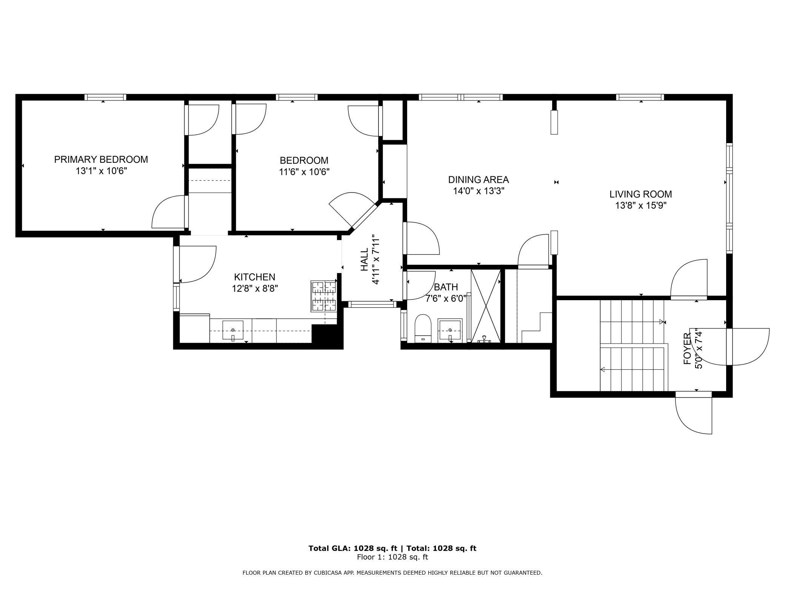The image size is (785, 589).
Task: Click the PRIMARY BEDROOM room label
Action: pyautogui.click(x=101, y=159)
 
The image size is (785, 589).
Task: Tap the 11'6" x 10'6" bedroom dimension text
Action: pyautogui.click(x=304, y=172)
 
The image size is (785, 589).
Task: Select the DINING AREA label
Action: pyautogui.click(x=479, y=180)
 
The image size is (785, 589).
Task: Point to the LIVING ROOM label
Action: pyautogui.click(x=640, y=194)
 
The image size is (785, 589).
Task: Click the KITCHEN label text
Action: pyautogui.click(x=255, y=277)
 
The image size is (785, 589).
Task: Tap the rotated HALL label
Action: pyautogui.click(x=364, y=260)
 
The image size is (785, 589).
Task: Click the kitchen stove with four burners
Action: pyautogui.click(x=324, y=296)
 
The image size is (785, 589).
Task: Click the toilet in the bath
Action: pyautogui.click(x=423, y=328)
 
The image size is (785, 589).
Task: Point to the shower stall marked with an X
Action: pyautogui.click(x=486, y=306)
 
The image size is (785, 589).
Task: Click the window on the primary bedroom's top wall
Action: pyautogui.click(x=105, y=97)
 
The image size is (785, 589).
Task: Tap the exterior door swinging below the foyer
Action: pyautogui.click(x=694, y=413)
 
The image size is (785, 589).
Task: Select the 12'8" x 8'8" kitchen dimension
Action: pyautogui.click(x=255, y=289)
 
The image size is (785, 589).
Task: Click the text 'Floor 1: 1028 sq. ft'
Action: pyautogui.click(x=392, y=557)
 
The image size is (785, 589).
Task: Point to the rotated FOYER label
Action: pyautogui.click(x=688, y=348)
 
